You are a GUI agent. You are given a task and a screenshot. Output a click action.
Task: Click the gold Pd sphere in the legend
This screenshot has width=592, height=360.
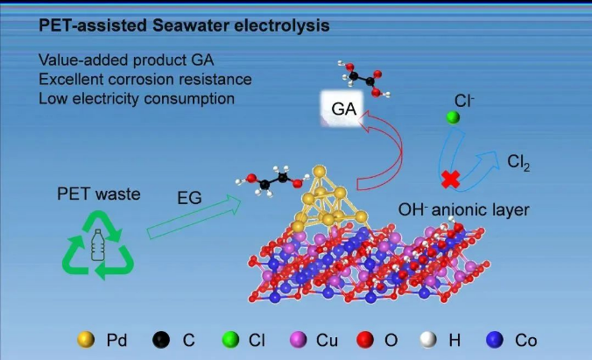(x=86, y=340)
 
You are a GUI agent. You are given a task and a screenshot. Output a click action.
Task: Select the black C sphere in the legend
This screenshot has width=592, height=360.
(x=161, y=340)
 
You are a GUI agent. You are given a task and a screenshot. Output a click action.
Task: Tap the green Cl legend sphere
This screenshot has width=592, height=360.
(x=230, y=340)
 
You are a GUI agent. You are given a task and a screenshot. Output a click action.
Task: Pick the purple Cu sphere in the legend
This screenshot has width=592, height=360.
(x=299, y=340)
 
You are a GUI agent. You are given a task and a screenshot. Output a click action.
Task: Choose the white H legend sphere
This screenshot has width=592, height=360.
(x=428, y=340)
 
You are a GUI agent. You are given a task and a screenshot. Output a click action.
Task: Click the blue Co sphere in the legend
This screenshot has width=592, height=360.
(x=495, y=340)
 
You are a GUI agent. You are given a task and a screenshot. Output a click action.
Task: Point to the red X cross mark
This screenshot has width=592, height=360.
(x=451, y=179)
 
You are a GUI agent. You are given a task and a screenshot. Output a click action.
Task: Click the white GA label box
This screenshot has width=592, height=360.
(x=342, y=109)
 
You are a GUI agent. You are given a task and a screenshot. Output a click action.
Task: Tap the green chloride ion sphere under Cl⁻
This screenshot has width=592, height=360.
(x=453, y=117)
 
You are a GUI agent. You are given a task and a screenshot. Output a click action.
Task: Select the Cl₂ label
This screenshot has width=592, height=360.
(x=518, y=162)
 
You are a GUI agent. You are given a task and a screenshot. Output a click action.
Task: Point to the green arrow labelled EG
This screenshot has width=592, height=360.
(x=194, y=217)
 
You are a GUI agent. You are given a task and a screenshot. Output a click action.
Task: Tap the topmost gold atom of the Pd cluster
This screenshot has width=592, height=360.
(x=320, y=172)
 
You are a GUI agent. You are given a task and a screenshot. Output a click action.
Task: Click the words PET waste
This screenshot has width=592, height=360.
(x=99, y=194)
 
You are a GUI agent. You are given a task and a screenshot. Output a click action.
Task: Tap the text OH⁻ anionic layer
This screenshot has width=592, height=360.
(x=463, y=209)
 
